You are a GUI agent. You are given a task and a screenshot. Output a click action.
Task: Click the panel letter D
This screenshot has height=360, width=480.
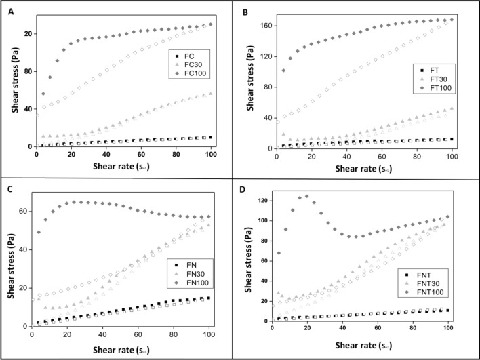click(247, 191)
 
